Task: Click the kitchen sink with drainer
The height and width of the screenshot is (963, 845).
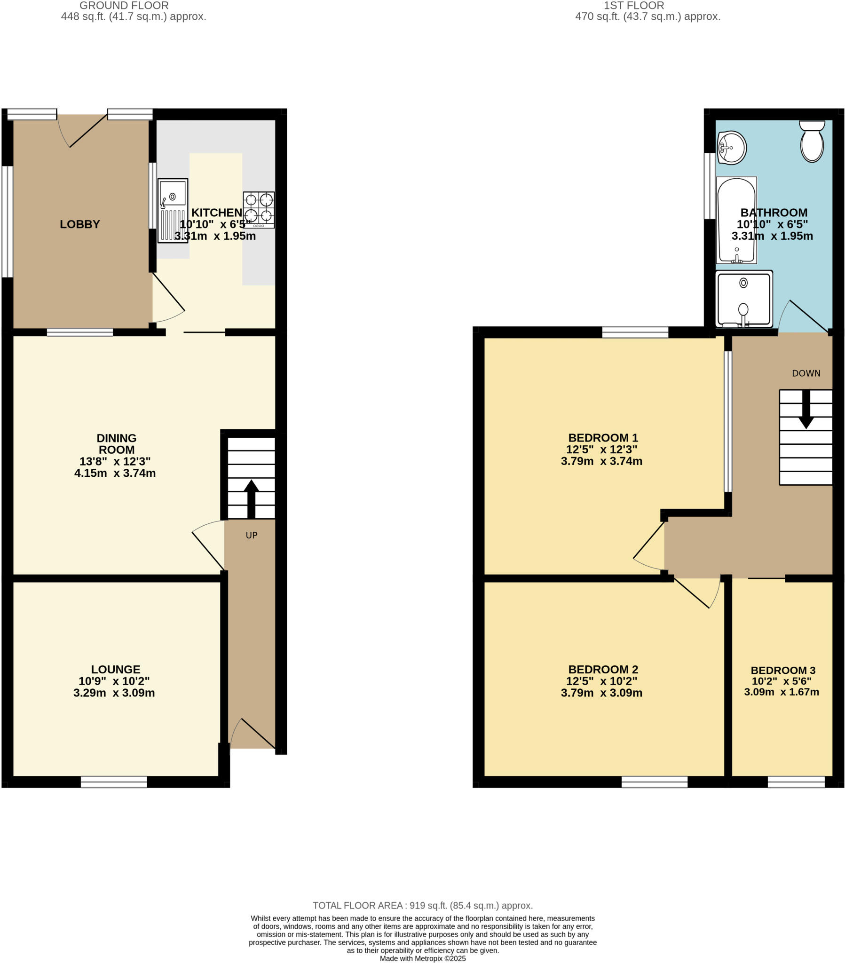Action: click(x=173, y=210)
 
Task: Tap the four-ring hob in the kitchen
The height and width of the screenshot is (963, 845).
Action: click(x=259, y=210)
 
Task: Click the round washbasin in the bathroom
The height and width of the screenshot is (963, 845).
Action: click(x=731, y=148)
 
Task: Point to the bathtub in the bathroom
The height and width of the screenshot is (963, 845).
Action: click(x=736, y=220)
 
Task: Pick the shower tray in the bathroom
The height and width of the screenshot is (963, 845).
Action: click(x=744, y=299)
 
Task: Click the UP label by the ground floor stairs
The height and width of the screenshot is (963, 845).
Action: click(x=251, y=535)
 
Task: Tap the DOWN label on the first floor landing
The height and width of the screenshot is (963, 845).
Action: click(x=806, y=373)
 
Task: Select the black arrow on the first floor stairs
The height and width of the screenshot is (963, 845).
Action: click(x=806, y=409)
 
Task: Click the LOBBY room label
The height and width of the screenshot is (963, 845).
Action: click(x=79, y=224)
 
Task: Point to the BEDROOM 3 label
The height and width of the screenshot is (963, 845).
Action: click(x=783, y=670)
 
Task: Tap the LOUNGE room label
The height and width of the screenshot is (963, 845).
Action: click(x=116, y=669)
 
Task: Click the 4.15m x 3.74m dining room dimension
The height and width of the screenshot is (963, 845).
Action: click(x=115, y=473)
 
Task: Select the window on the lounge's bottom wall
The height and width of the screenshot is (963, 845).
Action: click(x=114, y=781)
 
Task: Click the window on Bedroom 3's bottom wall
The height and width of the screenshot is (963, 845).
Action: click(x=796, y=781)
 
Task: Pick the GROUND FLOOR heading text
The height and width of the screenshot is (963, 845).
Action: click(x=124, y=6)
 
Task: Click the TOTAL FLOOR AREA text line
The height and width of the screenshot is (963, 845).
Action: click(x=422, y=906)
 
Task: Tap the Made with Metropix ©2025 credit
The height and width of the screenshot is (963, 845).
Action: click(x=422, y=958)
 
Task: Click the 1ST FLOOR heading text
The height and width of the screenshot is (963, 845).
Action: click(x=633, y=6)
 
